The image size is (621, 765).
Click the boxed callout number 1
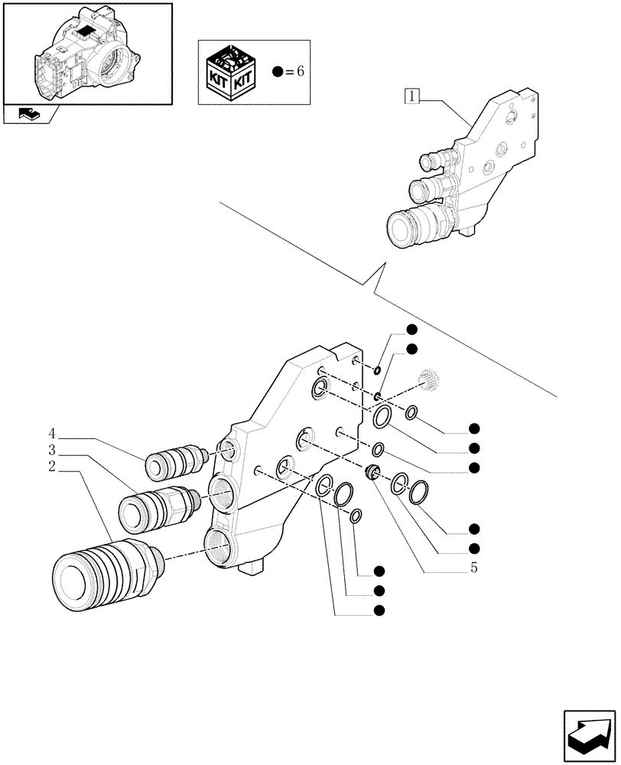[412, 96]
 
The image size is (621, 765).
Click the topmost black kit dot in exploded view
[411, 330]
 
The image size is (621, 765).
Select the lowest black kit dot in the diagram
[379, 610]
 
